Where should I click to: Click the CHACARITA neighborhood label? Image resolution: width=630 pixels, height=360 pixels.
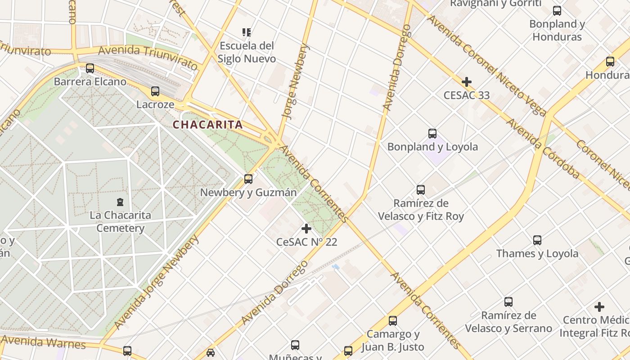click(x=208, y=125)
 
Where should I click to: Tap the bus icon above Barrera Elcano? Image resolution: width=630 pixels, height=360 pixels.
click(x=90, y=68)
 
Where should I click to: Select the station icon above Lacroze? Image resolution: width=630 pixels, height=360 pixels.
click(x=155, y=91)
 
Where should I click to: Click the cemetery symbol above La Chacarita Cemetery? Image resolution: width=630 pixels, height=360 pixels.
click(x=120, y=202)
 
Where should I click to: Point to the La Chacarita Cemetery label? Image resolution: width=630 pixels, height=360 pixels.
click(x=120, y=221)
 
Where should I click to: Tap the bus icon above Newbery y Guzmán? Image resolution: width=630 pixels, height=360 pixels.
click(x=248, y=179)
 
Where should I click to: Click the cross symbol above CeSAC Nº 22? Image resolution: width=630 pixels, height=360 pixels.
click(x=306, y=229)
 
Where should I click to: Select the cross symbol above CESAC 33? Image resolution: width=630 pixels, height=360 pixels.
click(x=467, y=82)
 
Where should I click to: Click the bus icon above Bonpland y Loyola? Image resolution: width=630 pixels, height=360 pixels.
click(x=432, y=134)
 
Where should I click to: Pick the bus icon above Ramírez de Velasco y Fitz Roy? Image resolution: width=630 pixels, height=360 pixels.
click(x=421, y=190)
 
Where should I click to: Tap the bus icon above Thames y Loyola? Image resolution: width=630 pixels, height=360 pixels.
click(x=537, y=240)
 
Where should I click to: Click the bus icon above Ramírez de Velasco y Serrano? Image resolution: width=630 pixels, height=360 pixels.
click(x=508, y=302)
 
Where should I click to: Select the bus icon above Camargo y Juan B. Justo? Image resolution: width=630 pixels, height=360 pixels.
click(x=393, y=321)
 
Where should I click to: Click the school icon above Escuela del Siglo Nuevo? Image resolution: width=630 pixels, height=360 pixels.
click(x=247, y=32)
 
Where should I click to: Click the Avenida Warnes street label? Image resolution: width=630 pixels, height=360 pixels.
click(x=43, y=342)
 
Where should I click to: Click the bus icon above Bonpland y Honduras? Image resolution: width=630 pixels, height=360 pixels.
click(x=557, y=11)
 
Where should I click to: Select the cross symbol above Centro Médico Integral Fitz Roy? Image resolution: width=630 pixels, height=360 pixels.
click(x=599, y=307)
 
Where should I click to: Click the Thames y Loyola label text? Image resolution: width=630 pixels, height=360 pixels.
click(x=537, y=253)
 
